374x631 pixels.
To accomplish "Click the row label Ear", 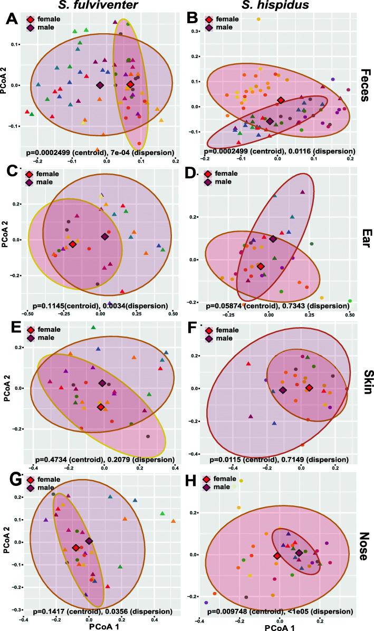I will (365, 238).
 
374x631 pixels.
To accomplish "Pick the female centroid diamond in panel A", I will (130, 84).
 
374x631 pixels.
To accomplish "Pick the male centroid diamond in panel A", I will (100, 85).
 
